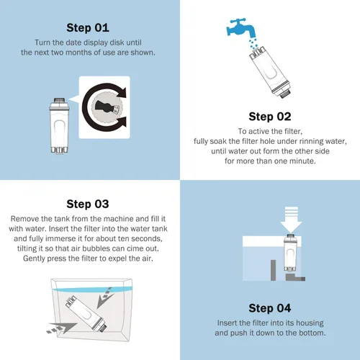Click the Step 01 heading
coord(88,27)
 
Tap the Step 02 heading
coord(270,117)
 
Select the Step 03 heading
coord(88,204)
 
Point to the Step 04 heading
coord(270,308)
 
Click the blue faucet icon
coord(241,27)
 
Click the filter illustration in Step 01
coord(59,125)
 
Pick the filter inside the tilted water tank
coord(86,313)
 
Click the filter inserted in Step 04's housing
coord(289,253)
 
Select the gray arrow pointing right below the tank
coord(62,328)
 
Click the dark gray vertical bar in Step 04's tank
coord(273,270)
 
